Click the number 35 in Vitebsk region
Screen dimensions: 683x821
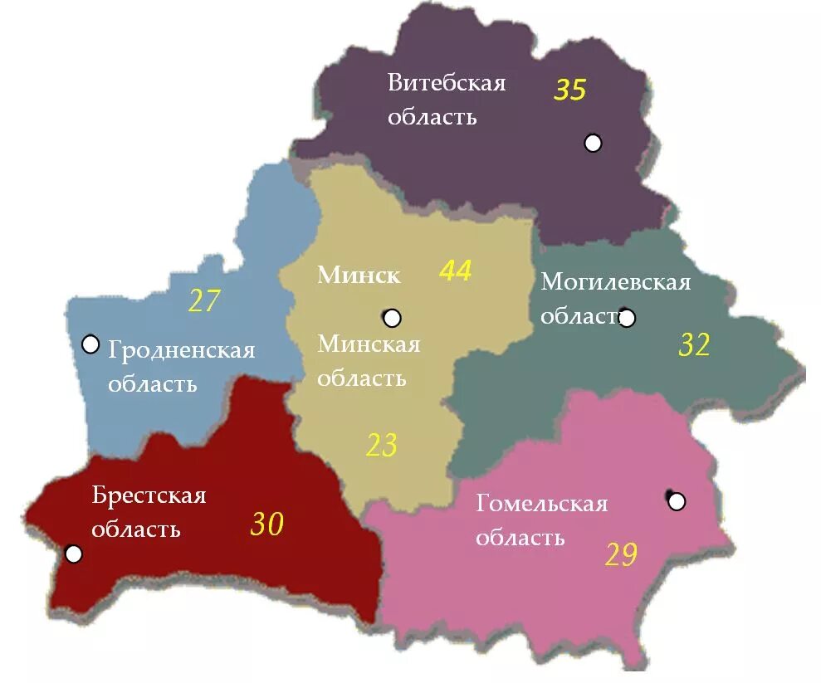[x=570, y=90]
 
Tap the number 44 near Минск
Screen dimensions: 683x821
[x=455, y=271]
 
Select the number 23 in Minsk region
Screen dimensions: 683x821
[x=382, y=446]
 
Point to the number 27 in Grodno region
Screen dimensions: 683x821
[x=203, y=301]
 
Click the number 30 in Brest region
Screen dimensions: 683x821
[x=267, y=524]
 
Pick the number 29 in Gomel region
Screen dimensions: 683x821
[x=621, y=554]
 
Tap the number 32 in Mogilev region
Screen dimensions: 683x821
[x=694, y=344]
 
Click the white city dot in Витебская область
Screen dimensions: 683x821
[x=593, y=143]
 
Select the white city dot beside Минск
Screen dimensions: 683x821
[x=393, y=318]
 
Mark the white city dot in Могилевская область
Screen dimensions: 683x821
[x=627, y=318]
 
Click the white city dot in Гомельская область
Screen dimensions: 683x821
[x=677, y=501]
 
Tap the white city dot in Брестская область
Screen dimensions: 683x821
[x=74, y=554]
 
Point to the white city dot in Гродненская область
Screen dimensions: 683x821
[x=90, y=344]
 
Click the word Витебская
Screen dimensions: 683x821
[x=447, y=83]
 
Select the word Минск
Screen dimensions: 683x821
[x=359, y=275]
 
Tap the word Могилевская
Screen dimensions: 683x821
[x=615, y=282]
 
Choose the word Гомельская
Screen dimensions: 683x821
[x=541, y=504]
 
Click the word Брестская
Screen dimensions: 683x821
[x=149, y=495]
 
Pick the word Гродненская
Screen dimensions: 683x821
[x=181, y=350]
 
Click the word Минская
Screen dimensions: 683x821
[x=369, y=344]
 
